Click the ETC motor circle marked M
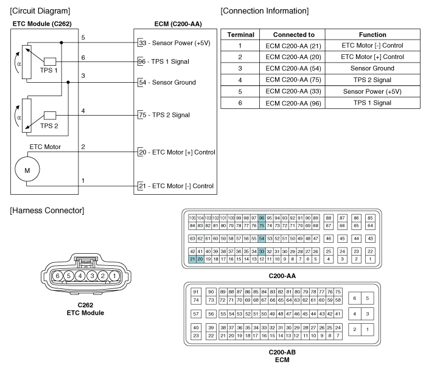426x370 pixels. (x=27, y=169)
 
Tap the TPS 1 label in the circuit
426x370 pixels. (x=49, y=71)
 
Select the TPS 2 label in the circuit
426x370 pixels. (x=49, y=126)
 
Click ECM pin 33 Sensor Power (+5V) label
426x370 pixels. (x=175, y=43)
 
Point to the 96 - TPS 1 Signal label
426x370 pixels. (x=164, y=61)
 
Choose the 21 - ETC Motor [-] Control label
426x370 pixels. (x=176, y=186)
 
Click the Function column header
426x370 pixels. (x=372, y=35)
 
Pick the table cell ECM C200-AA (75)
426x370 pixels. (x=293, y=80)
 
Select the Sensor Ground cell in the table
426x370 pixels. (x=372, y=68)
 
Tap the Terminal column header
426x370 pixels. (x=241, y=35)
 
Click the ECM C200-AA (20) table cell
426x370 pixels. (x=293, y=57)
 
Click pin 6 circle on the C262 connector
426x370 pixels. (x=57, y=276)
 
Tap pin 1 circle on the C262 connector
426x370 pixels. (x=114, y=276)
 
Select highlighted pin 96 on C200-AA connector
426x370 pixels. (x=261, y=218)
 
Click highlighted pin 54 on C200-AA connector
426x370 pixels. (x=261, y=239)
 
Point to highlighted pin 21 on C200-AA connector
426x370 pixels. (x=192, y=259)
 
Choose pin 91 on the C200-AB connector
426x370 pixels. (x=196, y=292)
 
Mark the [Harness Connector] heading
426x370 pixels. (x=47, y=211)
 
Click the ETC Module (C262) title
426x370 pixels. (x=42, y=24)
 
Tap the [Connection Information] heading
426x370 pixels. (x=265, y=11)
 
